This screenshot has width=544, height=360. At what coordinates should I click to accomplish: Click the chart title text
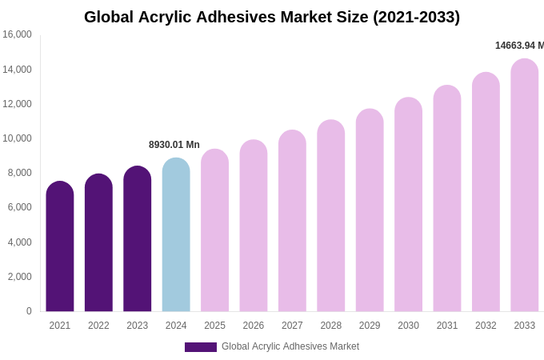click(272, 17)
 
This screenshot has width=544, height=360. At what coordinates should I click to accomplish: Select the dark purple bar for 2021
click(60, 248)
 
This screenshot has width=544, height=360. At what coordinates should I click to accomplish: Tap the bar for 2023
click(138, 240)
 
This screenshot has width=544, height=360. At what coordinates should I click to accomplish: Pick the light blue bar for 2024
click(176, 236)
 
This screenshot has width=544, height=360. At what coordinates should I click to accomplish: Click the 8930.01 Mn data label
click(174, 145)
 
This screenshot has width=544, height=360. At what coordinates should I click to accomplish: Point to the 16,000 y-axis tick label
click(17, 34)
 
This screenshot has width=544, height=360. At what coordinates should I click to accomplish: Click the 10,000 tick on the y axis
click(17, 138)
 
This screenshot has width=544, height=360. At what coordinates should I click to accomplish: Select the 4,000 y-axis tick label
click(17, 242)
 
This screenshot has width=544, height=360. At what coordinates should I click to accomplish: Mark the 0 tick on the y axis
click(29, 311)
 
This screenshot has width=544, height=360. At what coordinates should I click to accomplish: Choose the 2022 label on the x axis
click(98, 326)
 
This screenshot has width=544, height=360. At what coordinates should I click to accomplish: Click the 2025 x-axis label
click(214, 326)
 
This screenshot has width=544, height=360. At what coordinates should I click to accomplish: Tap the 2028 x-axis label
click(331, 326)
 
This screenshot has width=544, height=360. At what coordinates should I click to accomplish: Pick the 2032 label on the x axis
click(486, 326)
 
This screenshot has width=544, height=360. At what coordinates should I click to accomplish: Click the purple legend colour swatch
click(201, 347)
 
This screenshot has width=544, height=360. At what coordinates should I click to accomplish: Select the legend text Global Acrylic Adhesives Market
click(290, 346)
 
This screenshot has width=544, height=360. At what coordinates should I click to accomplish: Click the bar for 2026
click(254, 227)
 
